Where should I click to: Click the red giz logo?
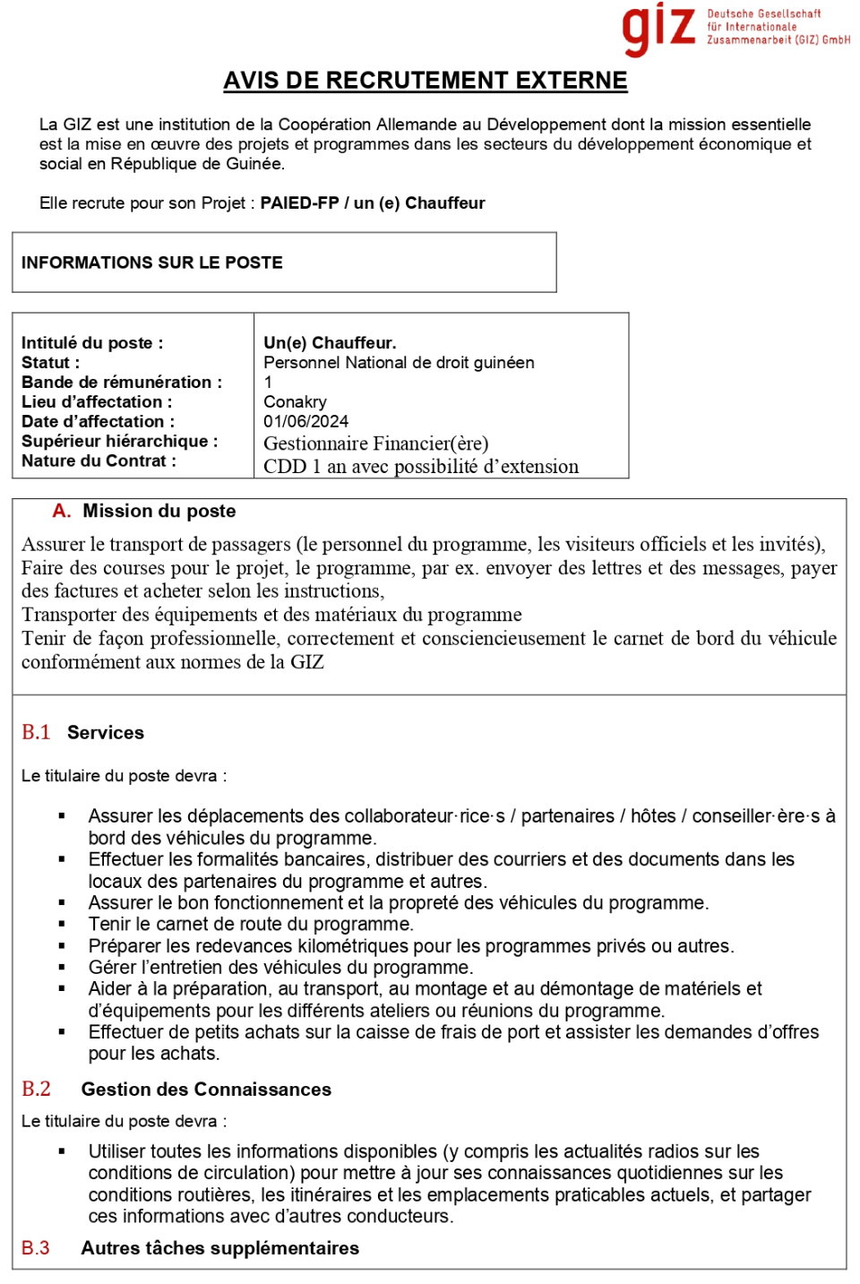click(x=658, y=29)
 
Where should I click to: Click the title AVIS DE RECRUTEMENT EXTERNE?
click(x=425, y=81)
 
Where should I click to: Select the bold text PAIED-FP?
click(x=299, y=203)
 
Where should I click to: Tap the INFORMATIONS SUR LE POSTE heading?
click(x=152, y=263)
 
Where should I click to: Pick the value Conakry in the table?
click(x=295, y=401)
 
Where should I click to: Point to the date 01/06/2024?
click(x=305, y=421)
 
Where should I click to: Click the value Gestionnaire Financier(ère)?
click(x=375, y=444)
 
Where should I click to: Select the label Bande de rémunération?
click(x=121, y=382)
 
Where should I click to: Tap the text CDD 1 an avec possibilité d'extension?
click(x=420, y=467)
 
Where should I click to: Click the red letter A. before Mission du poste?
click(x=61, y=511)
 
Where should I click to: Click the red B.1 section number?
click(x=36, y=732)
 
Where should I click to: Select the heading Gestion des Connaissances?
click(x=206, y=1089)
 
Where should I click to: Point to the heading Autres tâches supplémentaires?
click(x=219, y=1247)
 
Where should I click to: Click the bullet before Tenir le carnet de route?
click(x=62, y=924)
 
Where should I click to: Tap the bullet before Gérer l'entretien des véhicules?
click(x=62, y=967)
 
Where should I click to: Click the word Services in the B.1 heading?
click(x=105, y=732)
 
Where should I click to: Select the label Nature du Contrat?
click(x=99, y=461)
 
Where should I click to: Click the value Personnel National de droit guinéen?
click(x=399, y=362)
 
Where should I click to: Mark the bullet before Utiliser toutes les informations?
click(x=62, y=1151)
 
